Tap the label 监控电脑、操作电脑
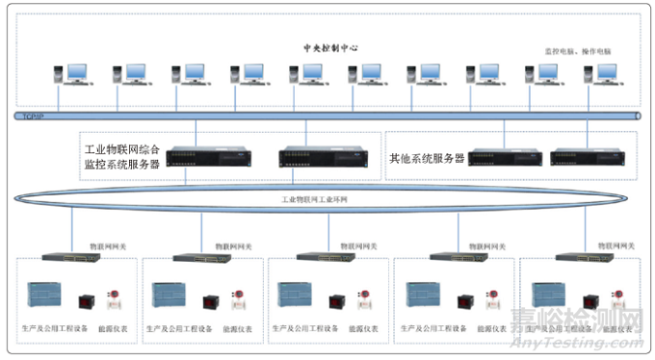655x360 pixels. (x=578, y=50)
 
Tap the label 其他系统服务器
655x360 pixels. (x=427, y=157)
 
